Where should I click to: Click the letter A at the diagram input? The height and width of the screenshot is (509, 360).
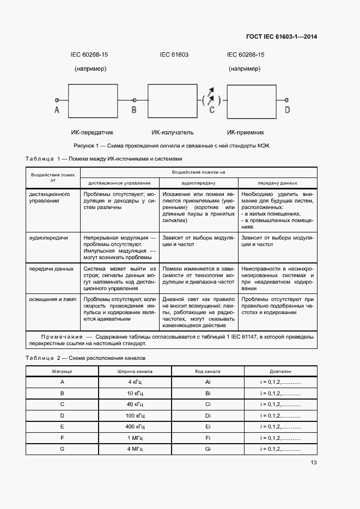pyautogui.click(x=57, y=111)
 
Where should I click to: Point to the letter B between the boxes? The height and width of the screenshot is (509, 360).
pyautogui.click(x=134, y=111)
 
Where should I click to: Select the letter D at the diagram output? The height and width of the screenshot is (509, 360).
pyautogui.click(x=287, y=111)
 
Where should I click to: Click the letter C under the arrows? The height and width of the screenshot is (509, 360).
pyautogui.click(x=212, y=111)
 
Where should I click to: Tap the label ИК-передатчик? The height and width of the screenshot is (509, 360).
pyautogui.click(x=92, y=132)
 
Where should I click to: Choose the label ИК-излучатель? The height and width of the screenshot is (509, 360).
pyautogui.click(x=173, y=132)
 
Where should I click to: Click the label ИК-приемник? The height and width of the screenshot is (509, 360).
pyautogui.click(x=246, y=132)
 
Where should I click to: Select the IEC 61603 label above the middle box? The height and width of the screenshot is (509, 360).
pyautogui.click(x=174, y=54)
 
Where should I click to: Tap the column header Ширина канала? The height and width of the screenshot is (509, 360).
pyautogui.click(x=134, y=371)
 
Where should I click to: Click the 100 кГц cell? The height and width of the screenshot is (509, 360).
pyautogui.click(x=134, y=415)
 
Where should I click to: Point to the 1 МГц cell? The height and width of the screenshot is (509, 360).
pyautogui.click(x=134, y=438)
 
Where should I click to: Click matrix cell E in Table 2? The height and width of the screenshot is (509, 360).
pyautogui.click(x=62, y=426)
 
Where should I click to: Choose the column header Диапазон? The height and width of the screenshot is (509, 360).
pyautogui.click(x=280, y=371)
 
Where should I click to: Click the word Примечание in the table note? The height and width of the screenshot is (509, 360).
pyautogui.click(x=60, y=337)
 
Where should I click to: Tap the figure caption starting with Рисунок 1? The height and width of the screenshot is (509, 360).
pyautogui.click(x=172, y=146)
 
